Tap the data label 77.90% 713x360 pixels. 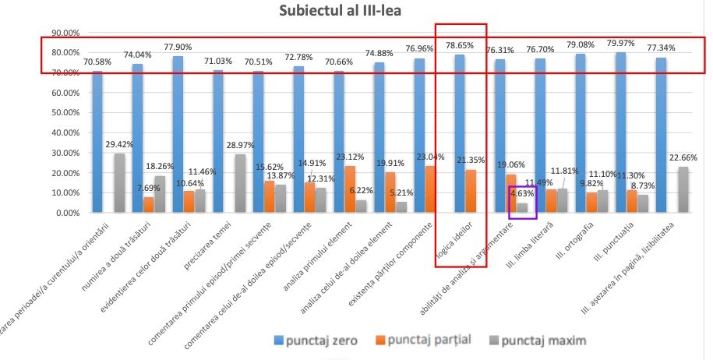[x=177, y=47]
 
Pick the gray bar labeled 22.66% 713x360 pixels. [x=683, y=189]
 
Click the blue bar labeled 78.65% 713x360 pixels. [x=460, y=133]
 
